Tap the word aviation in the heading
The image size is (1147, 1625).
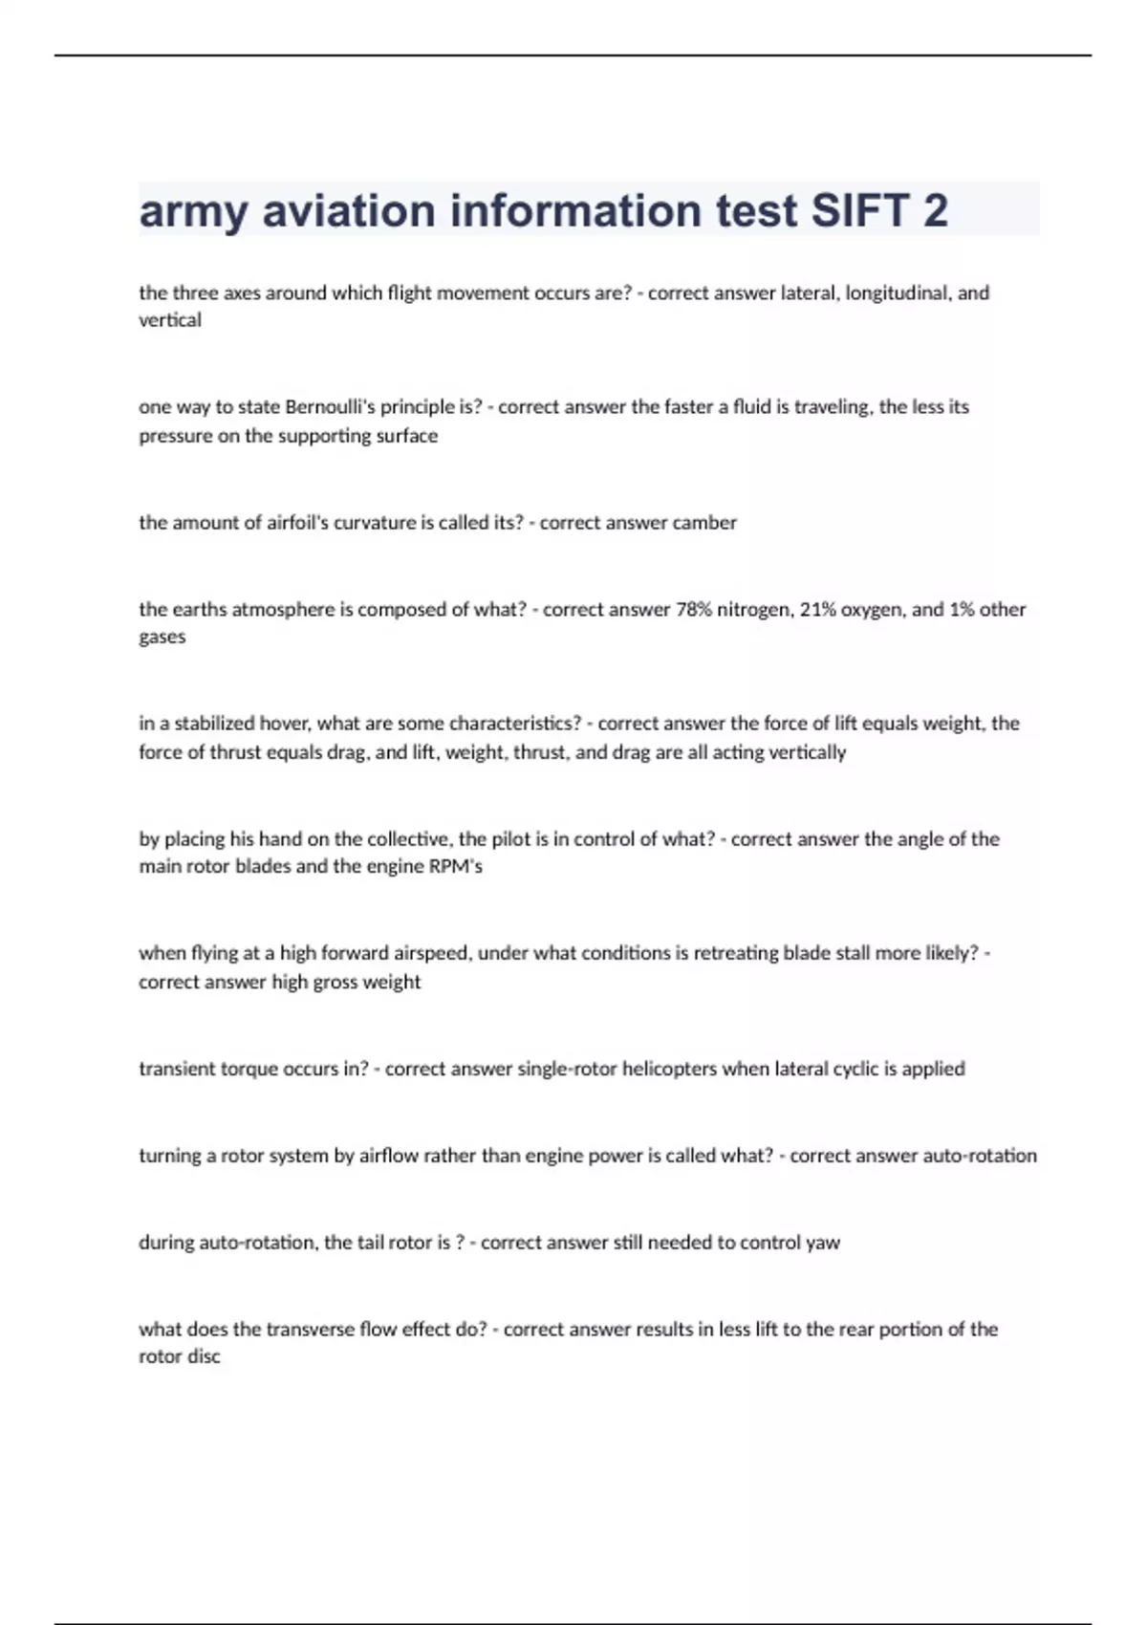coord(348,211)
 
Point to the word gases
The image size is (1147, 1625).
coord(162,637)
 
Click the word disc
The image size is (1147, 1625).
coord(204,1356)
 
